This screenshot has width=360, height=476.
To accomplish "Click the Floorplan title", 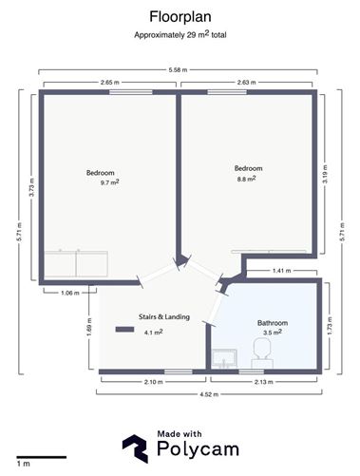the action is [x=180, y=17].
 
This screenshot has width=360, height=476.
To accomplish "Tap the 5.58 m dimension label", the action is [x=178, y=69].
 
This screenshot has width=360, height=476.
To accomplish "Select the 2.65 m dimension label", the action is [x=110, y=83].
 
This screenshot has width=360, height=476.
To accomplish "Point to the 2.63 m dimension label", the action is [x=246, y=83].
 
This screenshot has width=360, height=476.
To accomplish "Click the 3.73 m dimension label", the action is [x=31, y=187].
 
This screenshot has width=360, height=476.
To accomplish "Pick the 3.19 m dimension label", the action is [x=325, y=174].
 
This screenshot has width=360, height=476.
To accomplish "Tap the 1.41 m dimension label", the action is [x=281, y=271].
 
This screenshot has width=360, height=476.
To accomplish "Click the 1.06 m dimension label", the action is [x=70, y=293].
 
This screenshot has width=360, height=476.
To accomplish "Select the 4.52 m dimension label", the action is [x=209, y=394].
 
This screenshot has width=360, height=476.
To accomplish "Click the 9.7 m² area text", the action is [x=110, y=182].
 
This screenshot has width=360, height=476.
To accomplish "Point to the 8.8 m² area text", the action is [x=247, y=179].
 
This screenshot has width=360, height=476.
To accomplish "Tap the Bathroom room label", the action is [x=273, y=323].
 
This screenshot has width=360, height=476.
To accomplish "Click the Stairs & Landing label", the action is [x=164, y=316].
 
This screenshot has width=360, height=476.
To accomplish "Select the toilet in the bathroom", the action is [x=262, y=352].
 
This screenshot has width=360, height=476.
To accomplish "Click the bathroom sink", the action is [x=224, y=358].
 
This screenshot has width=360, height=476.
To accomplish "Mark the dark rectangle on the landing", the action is [x=124, y=330].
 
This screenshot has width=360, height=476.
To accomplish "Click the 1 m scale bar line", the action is [x=42, y=457].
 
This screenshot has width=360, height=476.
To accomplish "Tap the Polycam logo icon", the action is [x=135, y=448].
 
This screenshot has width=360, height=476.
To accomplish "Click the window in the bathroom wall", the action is [x=252, y=371].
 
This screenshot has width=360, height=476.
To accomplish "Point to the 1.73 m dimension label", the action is [x=330, y=326].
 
